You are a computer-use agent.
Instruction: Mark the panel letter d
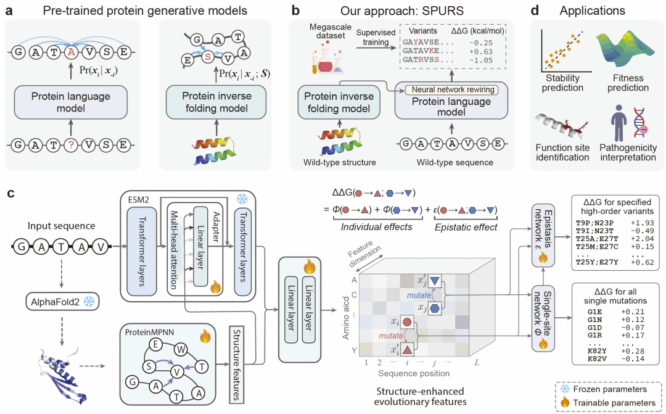click(536, 10)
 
